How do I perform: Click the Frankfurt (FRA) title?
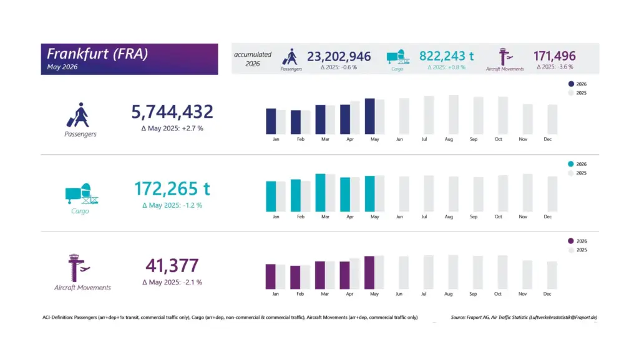point(97,54)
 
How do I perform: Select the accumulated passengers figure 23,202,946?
point(339,57)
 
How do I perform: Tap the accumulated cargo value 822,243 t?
point(446,56)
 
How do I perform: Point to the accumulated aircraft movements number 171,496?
point(554,56)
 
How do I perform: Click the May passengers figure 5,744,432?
point(172,112)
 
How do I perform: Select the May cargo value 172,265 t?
point(172,189)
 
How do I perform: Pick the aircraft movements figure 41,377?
point(172,266)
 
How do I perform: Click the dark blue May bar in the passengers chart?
point(369,116)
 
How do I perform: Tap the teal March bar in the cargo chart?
point(320,193)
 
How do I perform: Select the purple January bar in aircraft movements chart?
point(271,276)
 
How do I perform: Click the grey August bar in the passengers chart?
point(454,114)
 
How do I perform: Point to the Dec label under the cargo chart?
point(547,216)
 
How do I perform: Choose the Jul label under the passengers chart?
point(424,139)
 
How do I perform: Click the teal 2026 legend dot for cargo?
point(570,164)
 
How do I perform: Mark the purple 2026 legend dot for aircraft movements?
point(570,241)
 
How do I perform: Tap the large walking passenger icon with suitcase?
point(78,115)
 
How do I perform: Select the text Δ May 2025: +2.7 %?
point(172,129)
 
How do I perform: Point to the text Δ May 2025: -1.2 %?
point(172,205)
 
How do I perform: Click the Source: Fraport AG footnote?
point(524,317)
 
